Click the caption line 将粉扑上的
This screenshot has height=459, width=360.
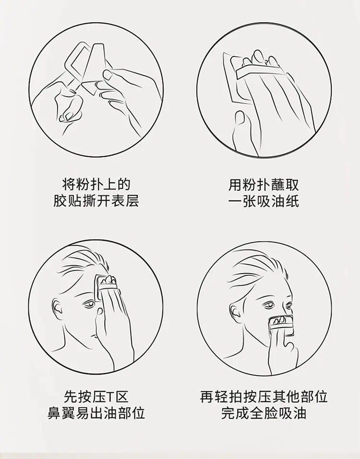pyautogui.click(x=96, y=185)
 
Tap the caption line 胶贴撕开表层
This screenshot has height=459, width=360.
pyautogui.click(x=96, y=200)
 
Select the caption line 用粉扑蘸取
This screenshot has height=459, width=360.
pyautogui.click(x=264, y=185)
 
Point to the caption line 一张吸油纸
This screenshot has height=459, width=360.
pyautogui.click(x=264, y=201)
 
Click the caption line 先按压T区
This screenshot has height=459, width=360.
pyautogui.click(x=96, y=397)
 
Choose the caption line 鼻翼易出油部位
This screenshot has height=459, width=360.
pyautogui.click(x=96, y=413)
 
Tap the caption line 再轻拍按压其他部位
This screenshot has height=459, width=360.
pyautogui.click(x=264, y=397)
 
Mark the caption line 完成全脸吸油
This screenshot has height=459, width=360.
pyautogui.click(x=264, y=413)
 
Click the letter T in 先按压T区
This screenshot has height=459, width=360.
pyautogui.click(x=110, y=397)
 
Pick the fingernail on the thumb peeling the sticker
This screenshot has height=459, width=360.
pyautogui.click(x=108, y=74)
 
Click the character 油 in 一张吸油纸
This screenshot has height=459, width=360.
pyautogui.click(x=277, y=201)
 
